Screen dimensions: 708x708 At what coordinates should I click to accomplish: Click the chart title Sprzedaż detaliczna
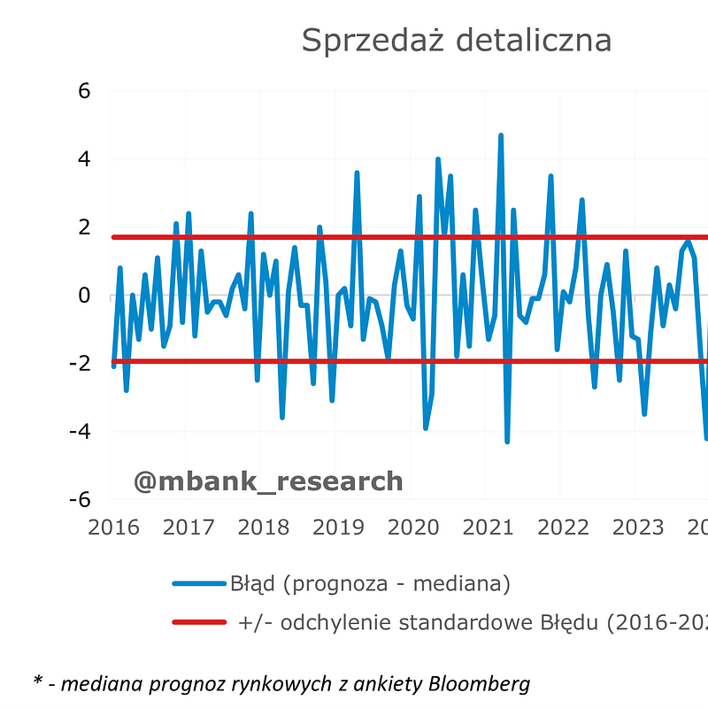pyautogui.click(x=456, y=40)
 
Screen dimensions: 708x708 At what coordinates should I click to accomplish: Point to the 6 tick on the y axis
pyautogui.click(x=85, y=91)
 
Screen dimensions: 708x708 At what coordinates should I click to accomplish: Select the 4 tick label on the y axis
pyautogui.click(x=85, y=159)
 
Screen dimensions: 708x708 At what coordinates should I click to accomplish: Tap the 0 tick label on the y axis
pyautogui.click(x=85, y=296)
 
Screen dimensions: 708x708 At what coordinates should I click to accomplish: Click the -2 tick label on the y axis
pyautogui.click(x=80, y=364)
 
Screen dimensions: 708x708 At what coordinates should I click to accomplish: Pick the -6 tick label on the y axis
pyautogui.click(x=80, y=499)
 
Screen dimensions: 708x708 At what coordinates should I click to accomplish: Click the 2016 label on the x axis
pyautogui.click(x=113, y=527)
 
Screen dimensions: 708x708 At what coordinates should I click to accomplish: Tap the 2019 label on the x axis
pyautogui.click(x=338, y=527)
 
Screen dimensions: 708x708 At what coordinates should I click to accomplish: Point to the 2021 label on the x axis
pyautogui.click(x=489, y=527)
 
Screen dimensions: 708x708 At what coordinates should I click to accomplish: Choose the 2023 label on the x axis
pyautogui.click(x=638, y=527)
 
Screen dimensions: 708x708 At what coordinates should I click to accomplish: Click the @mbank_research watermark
pyautogui.click(x=268, y=481)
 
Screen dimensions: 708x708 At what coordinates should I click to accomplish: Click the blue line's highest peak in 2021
pyautogui.click(x=501, y=135)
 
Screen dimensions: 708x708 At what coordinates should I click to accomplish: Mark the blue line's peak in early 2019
pyautogui.click(x=357, y=173)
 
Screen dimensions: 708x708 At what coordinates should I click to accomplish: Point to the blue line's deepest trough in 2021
pyautogui.click(x=507, y=441)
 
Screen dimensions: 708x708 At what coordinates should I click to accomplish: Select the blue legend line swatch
pyautogui.click(x=199, y=584)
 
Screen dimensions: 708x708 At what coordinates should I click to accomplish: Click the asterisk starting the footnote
pyautogui.click(x=38, y=681)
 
